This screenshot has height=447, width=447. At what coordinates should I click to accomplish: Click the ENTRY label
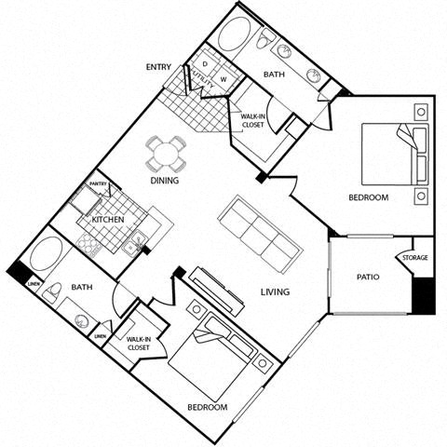[x=157, y=66]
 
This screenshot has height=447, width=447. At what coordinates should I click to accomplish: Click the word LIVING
[x=275, y=291]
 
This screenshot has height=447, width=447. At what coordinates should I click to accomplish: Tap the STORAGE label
[x=414, y=258]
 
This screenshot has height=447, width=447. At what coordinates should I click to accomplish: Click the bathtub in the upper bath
[x=239, y=34]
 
